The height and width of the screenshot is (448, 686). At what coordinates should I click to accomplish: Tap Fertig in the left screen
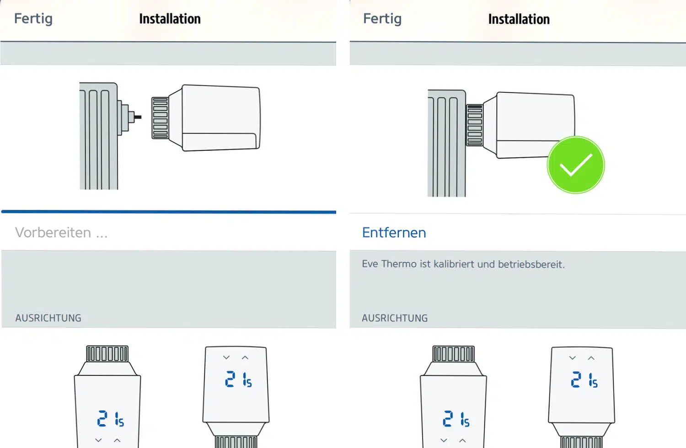click(33, 19)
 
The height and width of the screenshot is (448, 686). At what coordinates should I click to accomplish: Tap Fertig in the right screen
click(382, 19)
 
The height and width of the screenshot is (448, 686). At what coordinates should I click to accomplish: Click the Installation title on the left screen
click(170, 19)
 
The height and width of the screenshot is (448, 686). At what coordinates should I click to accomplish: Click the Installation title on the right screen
click(519, 19)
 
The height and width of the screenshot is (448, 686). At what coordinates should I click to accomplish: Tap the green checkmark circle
click(576, 165)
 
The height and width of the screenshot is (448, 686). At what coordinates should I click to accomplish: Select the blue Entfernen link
click(394, 233)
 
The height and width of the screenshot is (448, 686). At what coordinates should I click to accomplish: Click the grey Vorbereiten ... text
click(61, 233)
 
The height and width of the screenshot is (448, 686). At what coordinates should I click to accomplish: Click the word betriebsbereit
click(531, 264)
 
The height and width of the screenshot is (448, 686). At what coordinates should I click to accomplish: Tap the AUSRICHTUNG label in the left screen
click(48, 318)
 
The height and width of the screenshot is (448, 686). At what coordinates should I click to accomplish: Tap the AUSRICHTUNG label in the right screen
click(395, 318)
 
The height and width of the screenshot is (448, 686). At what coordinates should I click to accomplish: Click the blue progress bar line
click(169, 212)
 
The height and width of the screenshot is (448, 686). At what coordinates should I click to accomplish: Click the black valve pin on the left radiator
click(138, 117)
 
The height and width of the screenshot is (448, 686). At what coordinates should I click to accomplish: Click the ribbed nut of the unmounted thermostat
click(160, 118)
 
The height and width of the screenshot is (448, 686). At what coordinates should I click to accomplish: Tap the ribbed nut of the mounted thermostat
click(475, 125)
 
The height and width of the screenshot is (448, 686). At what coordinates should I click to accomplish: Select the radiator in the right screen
click(447, 143)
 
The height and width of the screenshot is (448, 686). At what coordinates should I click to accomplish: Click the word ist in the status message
click(425, 264)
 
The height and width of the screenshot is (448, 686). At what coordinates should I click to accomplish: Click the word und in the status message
click(486, 264)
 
